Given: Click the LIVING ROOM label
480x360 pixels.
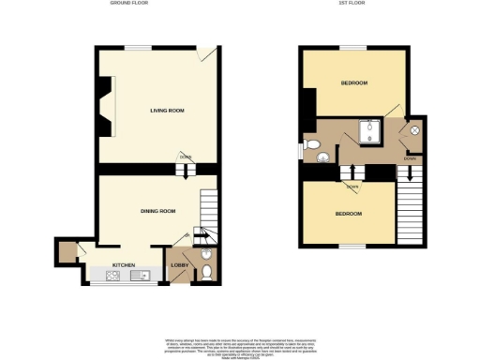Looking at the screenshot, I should (x=167, y=111).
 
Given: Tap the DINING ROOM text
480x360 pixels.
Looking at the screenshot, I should (x=157, y=211).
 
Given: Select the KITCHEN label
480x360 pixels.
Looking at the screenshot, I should (x=125, y=265).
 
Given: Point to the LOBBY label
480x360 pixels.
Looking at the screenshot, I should (x=179, y=265).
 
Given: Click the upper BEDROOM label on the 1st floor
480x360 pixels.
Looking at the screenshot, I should (x=352, y=83).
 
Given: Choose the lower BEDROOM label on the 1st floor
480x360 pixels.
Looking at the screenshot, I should (x=349, y=214).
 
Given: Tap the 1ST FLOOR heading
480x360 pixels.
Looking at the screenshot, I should (x=352, y=5).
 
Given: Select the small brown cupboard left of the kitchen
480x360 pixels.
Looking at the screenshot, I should (x=67, y=251).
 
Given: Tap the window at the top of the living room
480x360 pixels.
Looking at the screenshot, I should (x=140, y=47).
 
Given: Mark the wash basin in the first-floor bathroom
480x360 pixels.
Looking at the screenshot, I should (x=304, y=149).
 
